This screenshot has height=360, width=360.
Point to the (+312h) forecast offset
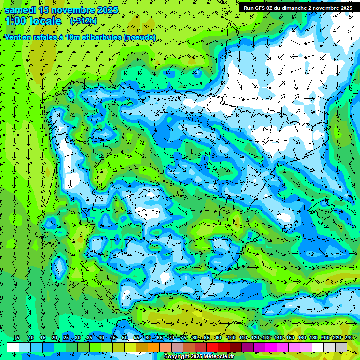click(x=83, y=21)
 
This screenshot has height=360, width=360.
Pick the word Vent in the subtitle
click(x=13, y=37)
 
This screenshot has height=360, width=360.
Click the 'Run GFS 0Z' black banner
click(x=297, y=8)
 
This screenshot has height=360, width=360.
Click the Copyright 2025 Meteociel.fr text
click(x=199, y=357)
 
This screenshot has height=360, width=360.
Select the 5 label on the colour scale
click(x=18, y=337)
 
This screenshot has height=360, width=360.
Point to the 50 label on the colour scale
click(x=125, y=337)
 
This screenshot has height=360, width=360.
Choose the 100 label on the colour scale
click(x=232, y=337)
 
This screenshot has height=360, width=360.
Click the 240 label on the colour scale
click(x=349, y=337)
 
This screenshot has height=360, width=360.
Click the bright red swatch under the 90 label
click(x=212, y=347)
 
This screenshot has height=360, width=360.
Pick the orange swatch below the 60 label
click(x=154, y=347)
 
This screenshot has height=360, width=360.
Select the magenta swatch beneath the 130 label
click(x=271, y=347)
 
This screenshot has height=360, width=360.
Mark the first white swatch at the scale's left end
click(x=13, y=347)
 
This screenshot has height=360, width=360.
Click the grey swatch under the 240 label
click(x=341, y=347)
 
